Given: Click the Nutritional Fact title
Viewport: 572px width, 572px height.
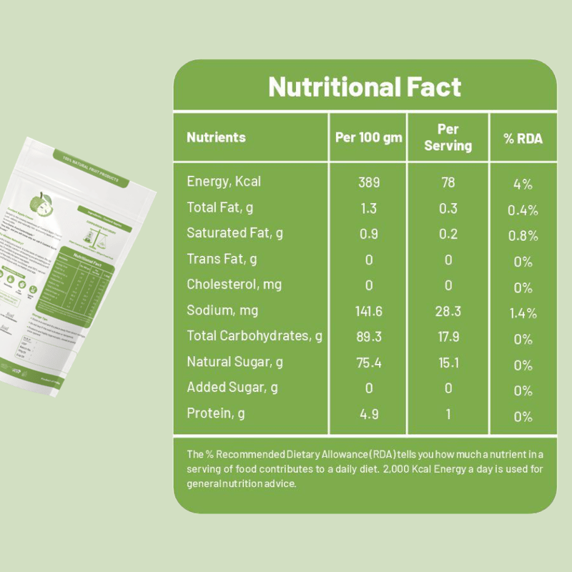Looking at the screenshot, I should tap(365, 87).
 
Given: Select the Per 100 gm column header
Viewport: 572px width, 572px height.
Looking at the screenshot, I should tap(368, 137).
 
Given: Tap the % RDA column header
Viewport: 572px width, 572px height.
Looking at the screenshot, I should tap(523, 138).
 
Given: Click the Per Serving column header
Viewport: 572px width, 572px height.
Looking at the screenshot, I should tap(448, 137).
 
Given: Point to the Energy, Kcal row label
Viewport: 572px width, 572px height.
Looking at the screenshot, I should tap(224, 182).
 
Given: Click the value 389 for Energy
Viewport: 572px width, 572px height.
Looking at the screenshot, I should tap(369, 182).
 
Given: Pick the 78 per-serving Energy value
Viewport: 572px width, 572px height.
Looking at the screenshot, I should tap(448, 182).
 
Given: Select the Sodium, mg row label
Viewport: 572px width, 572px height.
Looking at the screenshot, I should tap(222, 310).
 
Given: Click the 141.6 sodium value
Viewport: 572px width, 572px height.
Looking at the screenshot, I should tap(369, 311).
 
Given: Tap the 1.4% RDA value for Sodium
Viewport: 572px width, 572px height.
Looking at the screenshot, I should tap(523, 313).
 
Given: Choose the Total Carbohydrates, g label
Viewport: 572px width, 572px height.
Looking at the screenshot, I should tap(255, 336).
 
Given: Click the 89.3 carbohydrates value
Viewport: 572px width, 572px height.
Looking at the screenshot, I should tap(369, 337).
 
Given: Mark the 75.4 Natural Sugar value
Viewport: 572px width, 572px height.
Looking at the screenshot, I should tap(369, 363).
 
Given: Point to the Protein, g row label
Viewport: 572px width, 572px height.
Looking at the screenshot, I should tap(216, 413).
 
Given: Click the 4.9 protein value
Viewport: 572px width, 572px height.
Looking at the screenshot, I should tap(369, 414).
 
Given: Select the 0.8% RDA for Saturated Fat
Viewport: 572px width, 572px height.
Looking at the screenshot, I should tap(523, 236).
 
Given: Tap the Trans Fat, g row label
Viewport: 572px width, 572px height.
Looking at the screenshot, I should tap(222, 259).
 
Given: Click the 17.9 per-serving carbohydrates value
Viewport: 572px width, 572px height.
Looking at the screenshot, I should tap(448, 337).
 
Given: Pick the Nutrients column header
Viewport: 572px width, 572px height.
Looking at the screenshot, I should tap(216, 137).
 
